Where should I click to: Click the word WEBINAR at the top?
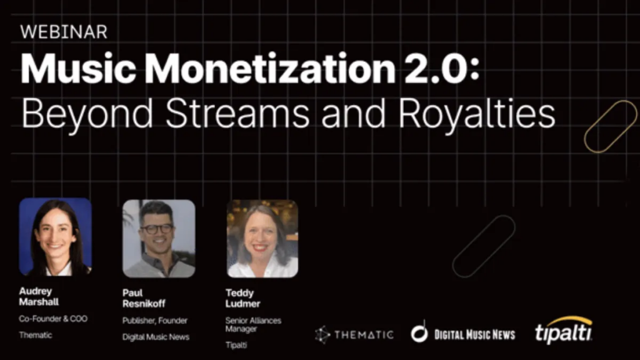pos(64,32)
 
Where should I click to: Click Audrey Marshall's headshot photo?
pos(55,237)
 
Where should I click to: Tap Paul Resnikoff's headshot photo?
pos(158,238)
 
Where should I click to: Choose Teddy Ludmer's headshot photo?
pos(262,238)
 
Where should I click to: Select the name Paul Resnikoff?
pos(144,298)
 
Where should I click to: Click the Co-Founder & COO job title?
pos(53,319)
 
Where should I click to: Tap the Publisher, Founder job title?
pos(154,321)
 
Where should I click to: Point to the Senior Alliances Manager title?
pos(253,325)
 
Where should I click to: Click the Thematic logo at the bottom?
pos(354,334)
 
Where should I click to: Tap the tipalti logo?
pos(563,331)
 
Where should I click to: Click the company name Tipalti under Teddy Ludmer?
pos(236,345)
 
